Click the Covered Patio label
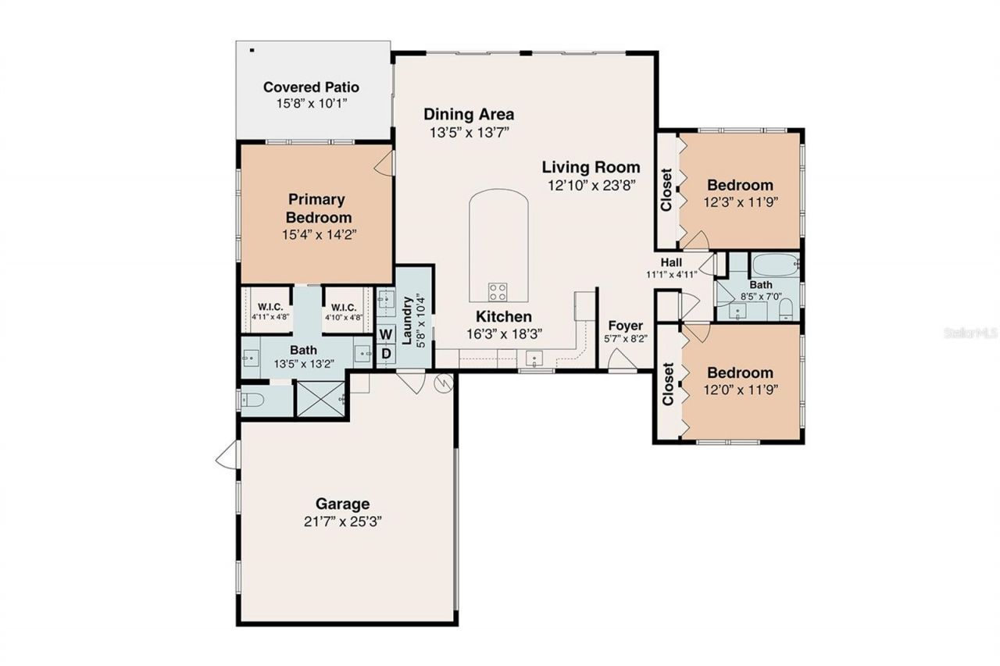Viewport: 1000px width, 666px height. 311,87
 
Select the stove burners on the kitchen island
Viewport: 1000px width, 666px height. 498,292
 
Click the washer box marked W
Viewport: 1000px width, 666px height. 386,335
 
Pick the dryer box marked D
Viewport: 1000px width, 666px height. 386,354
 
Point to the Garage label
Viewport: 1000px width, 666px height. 342,504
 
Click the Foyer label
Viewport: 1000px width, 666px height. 625,326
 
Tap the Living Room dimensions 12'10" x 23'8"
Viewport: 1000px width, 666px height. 591,185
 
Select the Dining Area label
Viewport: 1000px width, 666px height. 469,114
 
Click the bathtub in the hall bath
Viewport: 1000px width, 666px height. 774,265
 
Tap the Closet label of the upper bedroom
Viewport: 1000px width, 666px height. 666,190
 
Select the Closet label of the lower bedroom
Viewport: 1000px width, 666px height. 668,384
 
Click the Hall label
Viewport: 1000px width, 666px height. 671,262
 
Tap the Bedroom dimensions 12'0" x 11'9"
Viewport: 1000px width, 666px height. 740,389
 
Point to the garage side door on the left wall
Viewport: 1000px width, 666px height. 227,455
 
